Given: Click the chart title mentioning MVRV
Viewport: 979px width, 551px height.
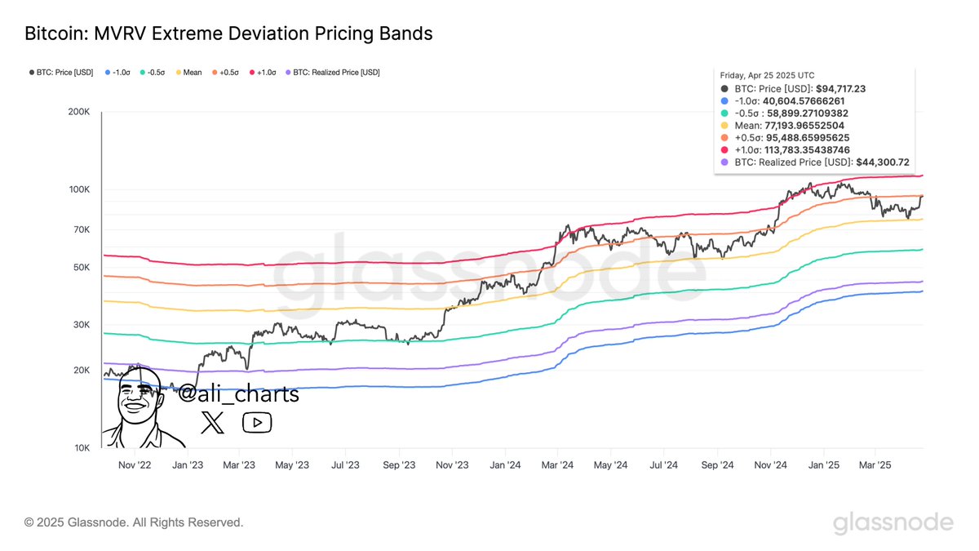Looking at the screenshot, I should point(228,33).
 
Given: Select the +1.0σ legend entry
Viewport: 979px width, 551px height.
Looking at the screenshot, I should point(262,72).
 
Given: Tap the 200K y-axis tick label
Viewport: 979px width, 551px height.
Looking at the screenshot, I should point(78,112).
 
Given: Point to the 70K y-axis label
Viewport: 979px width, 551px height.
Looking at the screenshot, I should point(81,229).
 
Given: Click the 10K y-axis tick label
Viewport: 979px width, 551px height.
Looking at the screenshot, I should point(81,448).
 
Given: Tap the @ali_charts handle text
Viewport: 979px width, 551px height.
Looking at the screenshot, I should point(238,394).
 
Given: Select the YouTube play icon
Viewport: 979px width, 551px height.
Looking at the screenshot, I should point(257,422).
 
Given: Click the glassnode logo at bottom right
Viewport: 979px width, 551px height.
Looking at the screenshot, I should point(893,522).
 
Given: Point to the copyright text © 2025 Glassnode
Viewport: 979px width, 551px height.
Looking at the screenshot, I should point(134,522).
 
